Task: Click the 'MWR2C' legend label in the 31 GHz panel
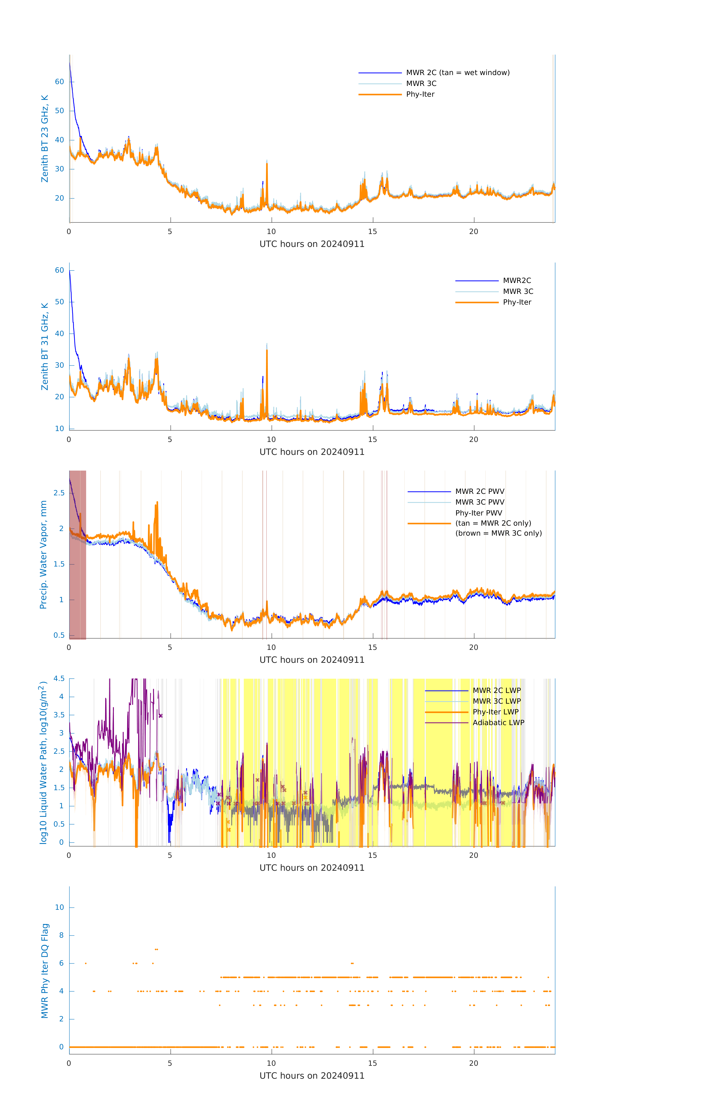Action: (517, 280)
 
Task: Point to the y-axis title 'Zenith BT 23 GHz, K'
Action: (45, 139)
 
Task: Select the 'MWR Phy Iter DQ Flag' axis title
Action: (45, 971)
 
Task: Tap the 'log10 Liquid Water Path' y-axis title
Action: (43, 762)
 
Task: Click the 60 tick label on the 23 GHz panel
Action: (59, 82)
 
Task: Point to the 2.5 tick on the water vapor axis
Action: (59, 493)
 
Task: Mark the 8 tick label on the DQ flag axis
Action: (61, 935)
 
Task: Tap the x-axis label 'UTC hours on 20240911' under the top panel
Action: (312, 244)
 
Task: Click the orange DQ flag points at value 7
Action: (157, 949)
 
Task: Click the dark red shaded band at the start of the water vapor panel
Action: (77, 576)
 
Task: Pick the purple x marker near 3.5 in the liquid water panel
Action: (161, 716)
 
